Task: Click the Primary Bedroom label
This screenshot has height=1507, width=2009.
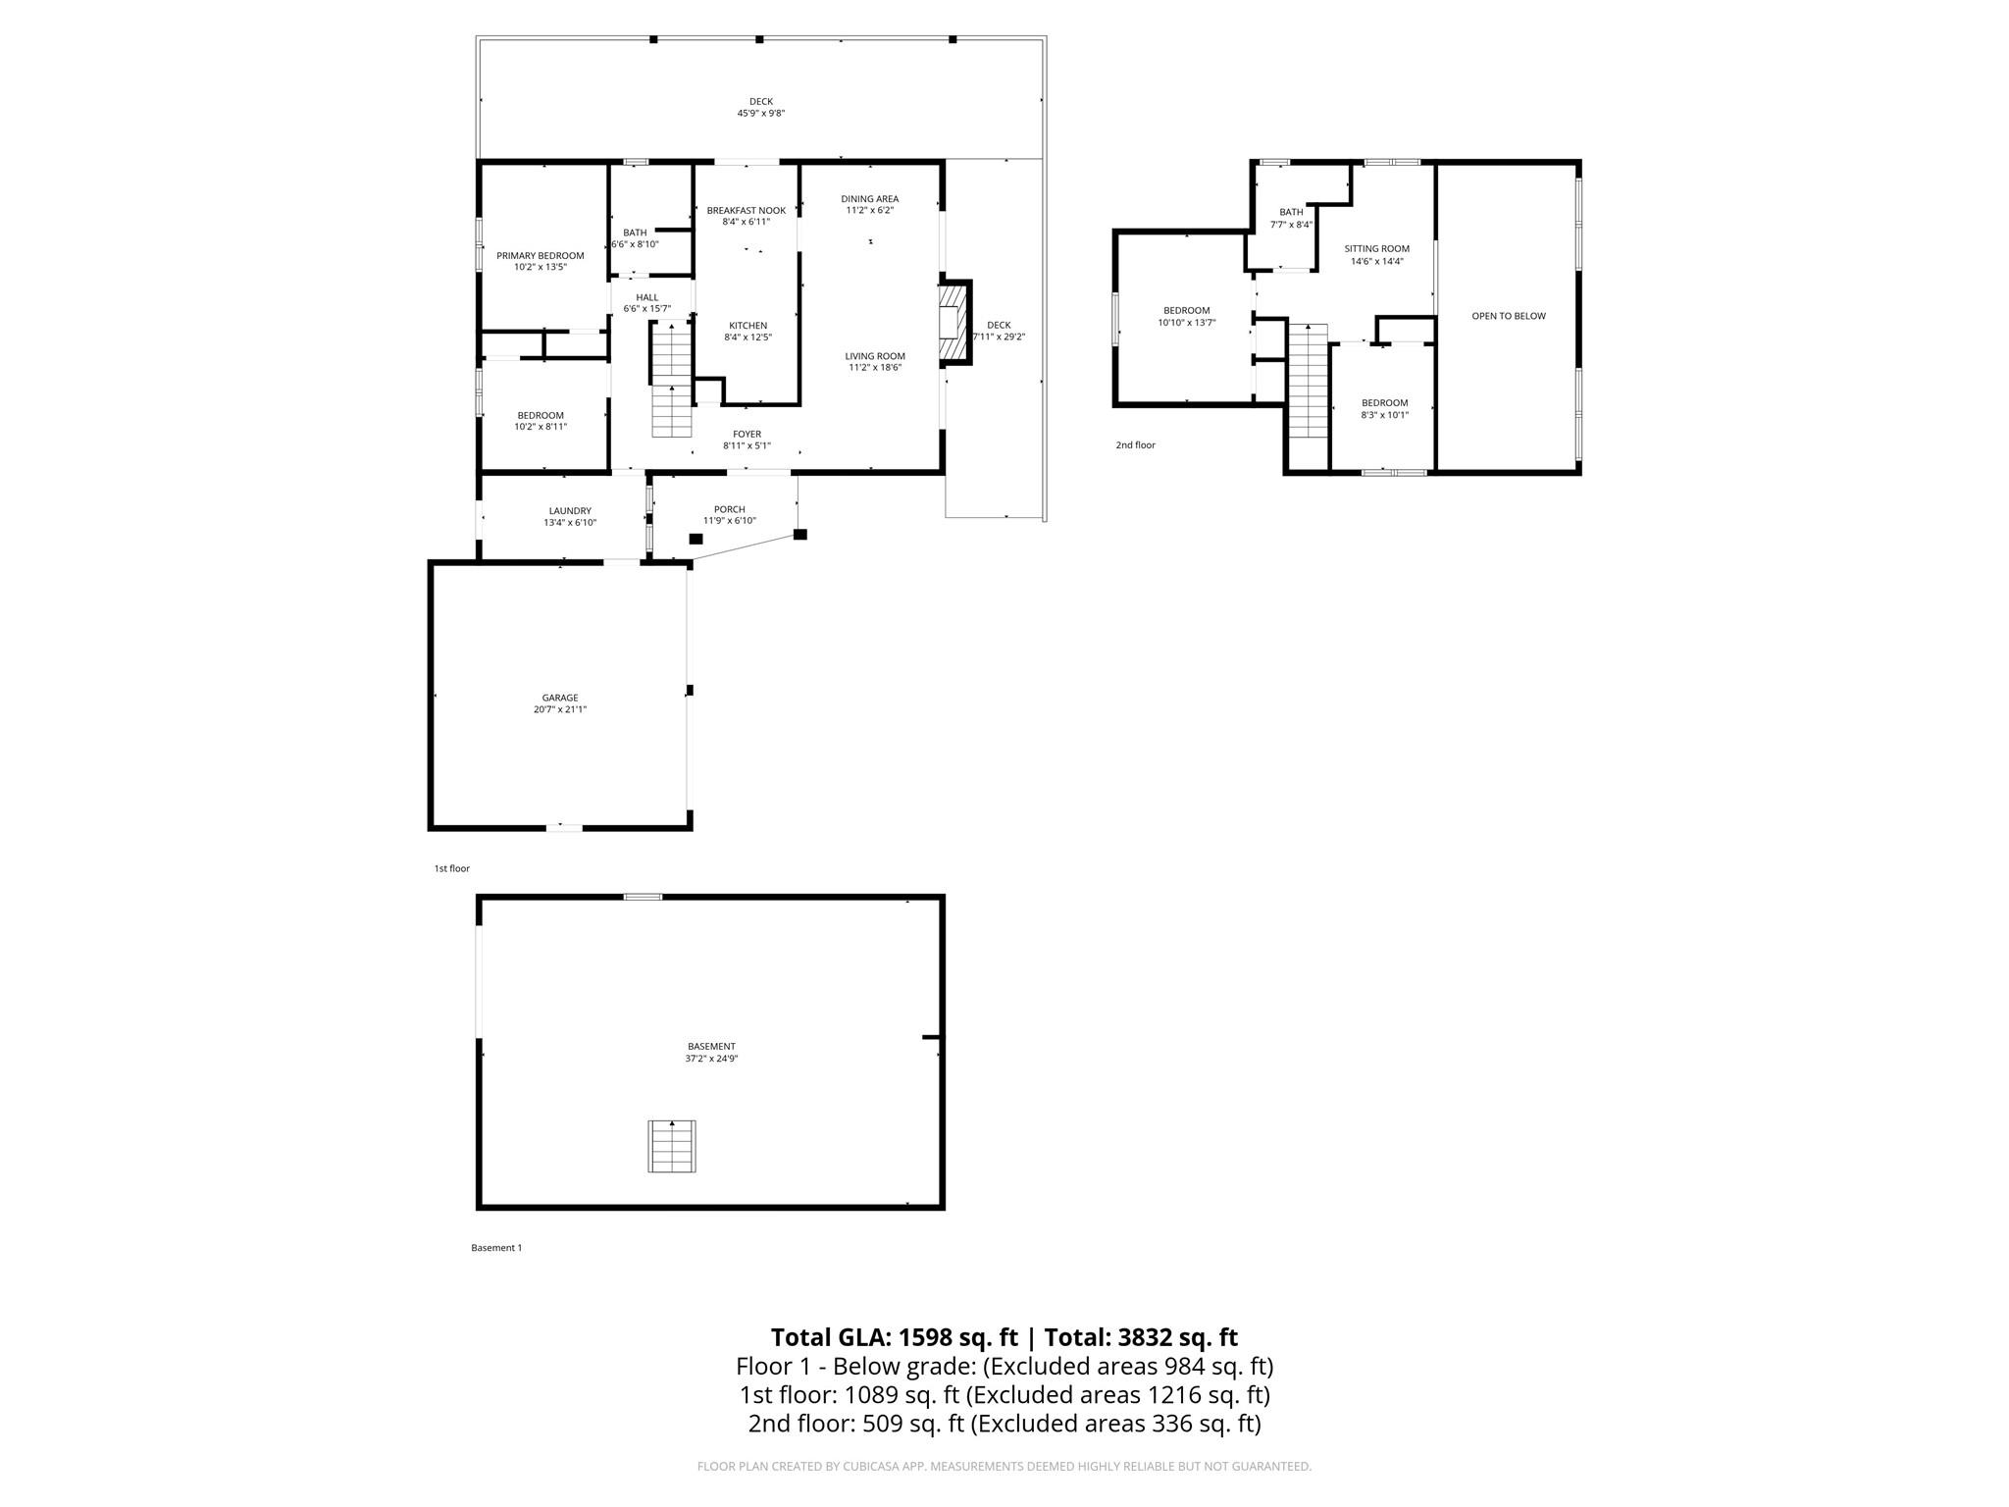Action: [x=540, y=256]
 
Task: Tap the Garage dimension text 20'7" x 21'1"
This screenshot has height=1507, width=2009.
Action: [x=560, y=710]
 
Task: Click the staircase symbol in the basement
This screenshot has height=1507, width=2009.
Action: [x=672, y=1146]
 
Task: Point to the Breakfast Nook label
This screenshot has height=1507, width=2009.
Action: [x=746, y=211]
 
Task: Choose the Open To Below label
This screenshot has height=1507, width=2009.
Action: [x=1508, y=316]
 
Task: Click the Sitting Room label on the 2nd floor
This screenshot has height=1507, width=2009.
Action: [x=1376, y=249]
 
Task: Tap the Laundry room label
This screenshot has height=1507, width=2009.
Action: [x=570, y=511]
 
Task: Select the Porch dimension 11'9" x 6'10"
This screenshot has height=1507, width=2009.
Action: [x=729, y=522]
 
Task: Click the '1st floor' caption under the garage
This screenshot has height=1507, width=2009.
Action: [x=452, y=868]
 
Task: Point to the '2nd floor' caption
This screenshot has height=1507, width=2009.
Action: [x=1135, y=445]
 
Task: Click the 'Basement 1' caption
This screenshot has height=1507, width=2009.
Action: [x=496, y=1248]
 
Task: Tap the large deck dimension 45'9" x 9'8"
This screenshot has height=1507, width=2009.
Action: [x=761, y=114]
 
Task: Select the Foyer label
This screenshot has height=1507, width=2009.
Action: [x=747, y=435]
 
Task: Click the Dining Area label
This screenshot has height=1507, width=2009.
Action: [x=870, y=199]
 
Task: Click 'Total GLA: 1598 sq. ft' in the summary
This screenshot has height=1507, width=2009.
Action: [x=894, y=1337]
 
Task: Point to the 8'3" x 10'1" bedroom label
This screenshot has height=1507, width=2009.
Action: [x=1384, y=415]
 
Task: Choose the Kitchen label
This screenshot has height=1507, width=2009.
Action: [x=747, y=326]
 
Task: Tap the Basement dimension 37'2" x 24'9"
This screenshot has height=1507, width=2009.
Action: [x=711, y=1060]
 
